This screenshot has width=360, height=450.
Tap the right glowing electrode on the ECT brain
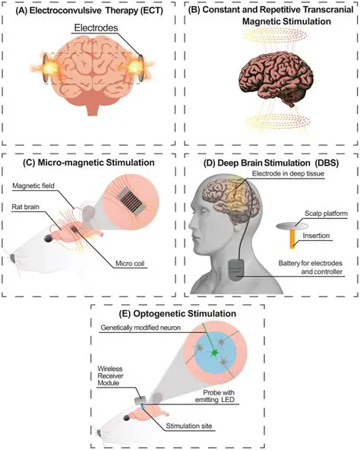tap(141, 66)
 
